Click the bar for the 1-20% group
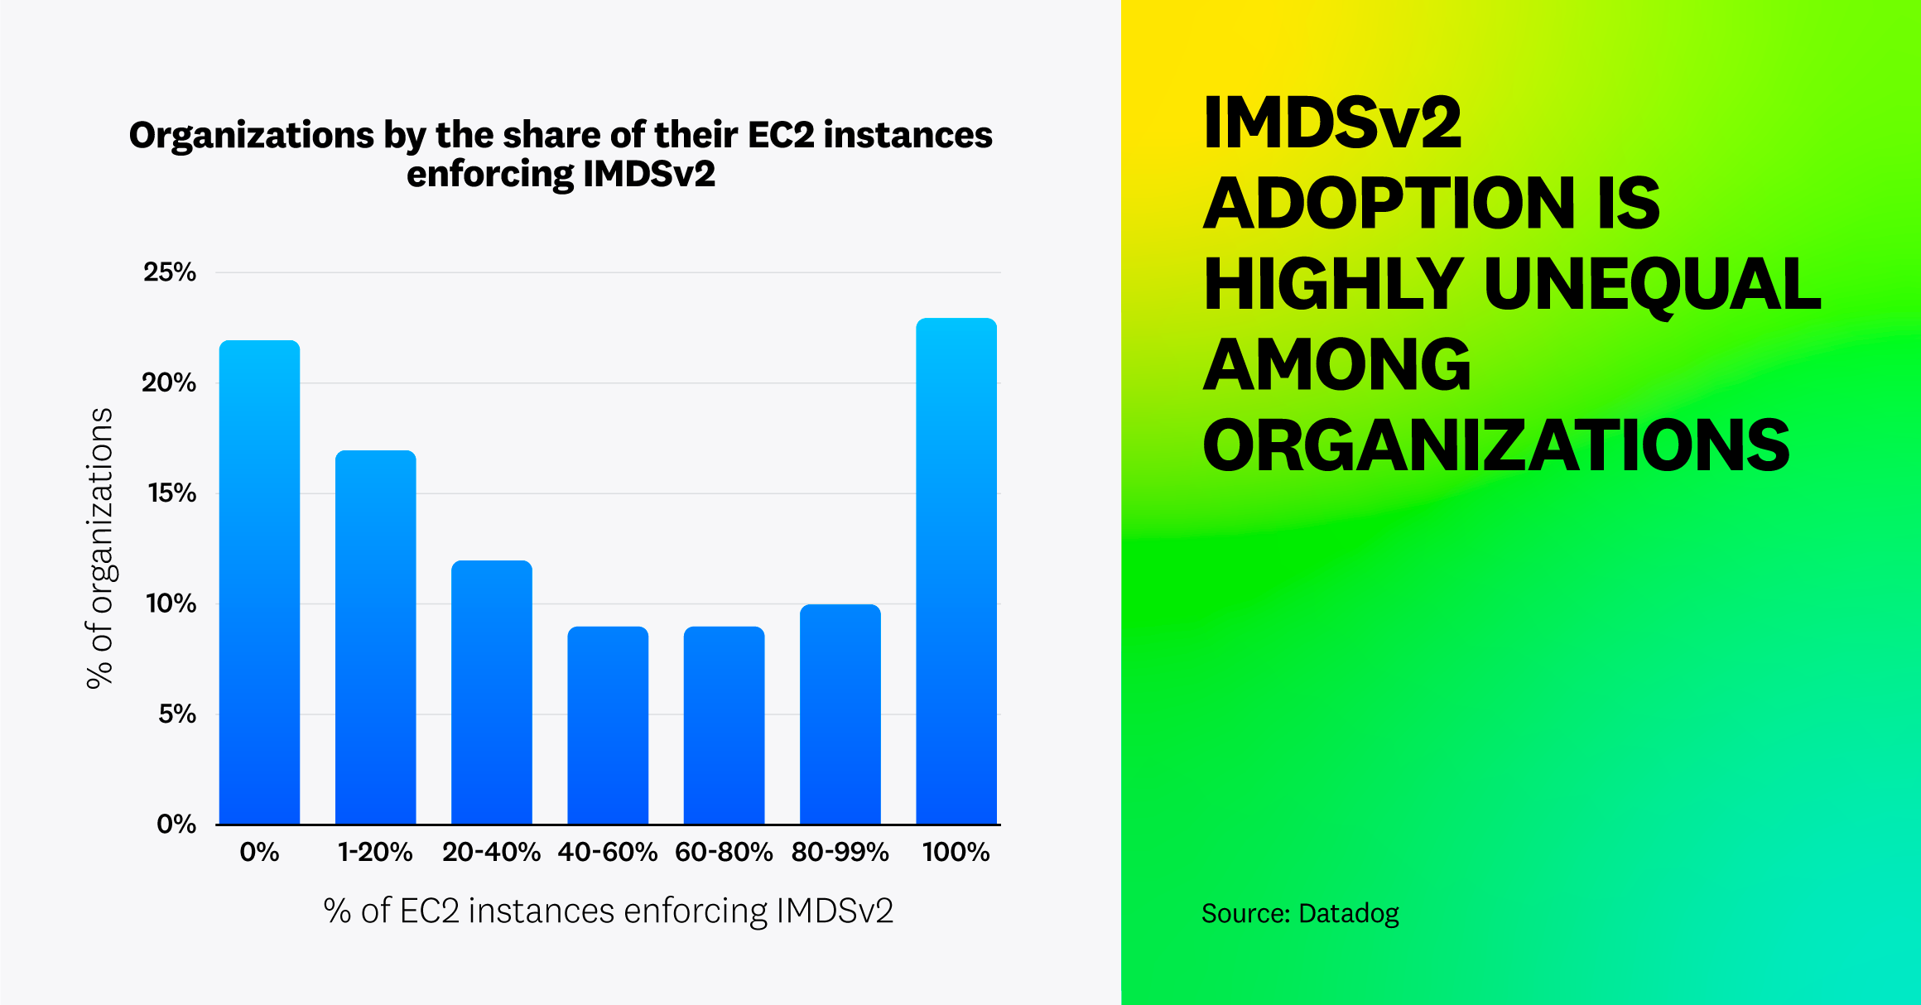[375, 637]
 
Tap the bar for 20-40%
[492, 692]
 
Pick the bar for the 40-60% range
[608, 725]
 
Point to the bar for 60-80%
[724, 725]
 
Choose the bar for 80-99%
[840, 714]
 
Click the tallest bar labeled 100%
[956, 571]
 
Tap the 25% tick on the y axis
[170, 272]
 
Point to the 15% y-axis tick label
[171, 493]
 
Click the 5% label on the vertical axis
[176, 714]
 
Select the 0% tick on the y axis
[176, 824]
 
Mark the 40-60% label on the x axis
[608, 852]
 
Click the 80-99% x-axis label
[840, 852]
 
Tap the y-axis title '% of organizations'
[99, 547]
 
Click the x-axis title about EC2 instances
[608, 911]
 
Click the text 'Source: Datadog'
[1299, 913]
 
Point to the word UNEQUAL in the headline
[1652, 284]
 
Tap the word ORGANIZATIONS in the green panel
[1495, 445]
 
